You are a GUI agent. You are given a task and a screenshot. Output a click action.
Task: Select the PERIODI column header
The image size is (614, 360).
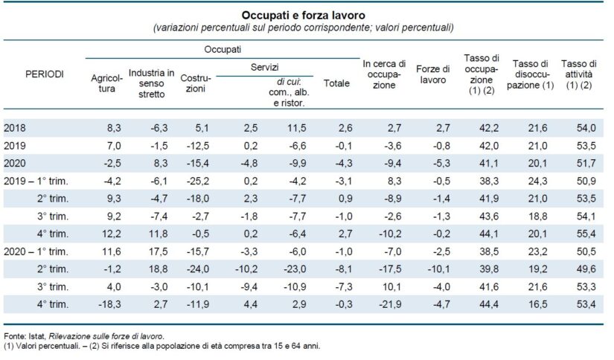44,75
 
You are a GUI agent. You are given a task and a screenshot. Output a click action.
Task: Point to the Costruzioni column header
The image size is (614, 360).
197,83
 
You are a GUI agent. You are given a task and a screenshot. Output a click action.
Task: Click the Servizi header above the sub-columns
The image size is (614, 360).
263,67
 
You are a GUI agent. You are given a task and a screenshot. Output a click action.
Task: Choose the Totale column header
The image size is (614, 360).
336,84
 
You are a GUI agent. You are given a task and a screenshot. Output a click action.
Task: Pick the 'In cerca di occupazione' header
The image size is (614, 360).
383,75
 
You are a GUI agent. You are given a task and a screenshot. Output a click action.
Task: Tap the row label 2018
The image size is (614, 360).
14,129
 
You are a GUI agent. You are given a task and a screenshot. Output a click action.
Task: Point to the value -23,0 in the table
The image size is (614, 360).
297,269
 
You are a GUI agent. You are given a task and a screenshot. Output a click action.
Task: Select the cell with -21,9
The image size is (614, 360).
381,303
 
